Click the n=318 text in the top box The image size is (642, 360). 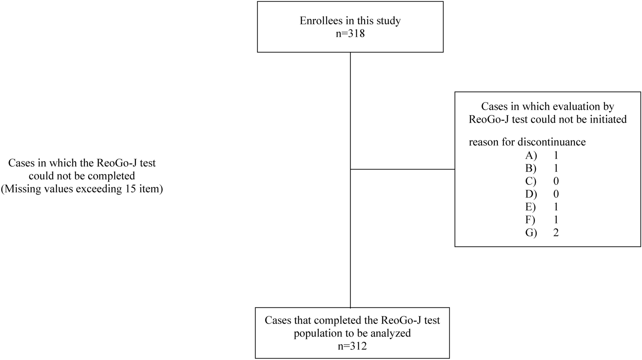point(350,34)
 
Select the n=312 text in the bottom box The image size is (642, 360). point(352,346)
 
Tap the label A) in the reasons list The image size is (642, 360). point(531,155)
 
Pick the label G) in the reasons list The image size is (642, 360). point(531,232)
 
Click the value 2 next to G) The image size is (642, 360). point(556,232)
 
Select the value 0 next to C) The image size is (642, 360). point(556,181)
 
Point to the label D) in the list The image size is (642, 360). point(531,194)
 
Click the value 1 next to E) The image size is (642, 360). point(556,207)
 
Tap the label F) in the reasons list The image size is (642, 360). point(530,220)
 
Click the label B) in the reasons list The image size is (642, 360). point(531,169)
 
